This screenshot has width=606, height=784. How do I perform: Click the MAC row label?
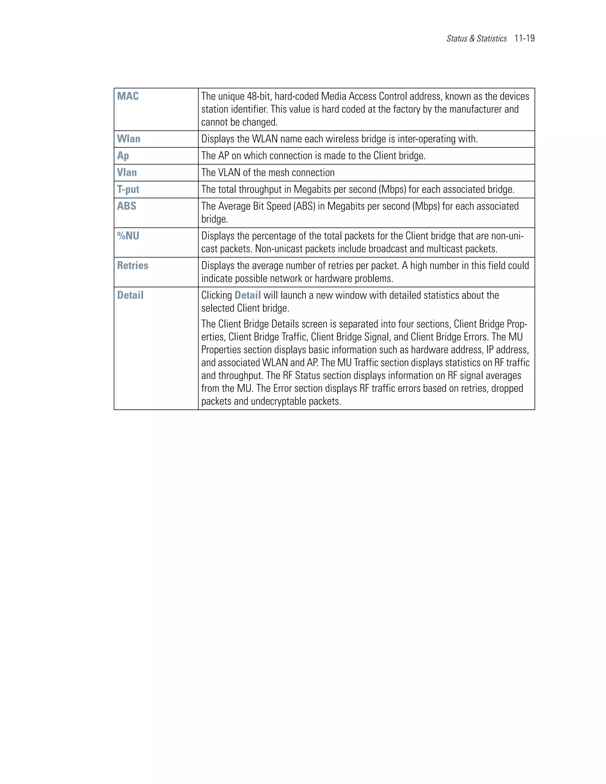pyautogui.click(x=128, y=96)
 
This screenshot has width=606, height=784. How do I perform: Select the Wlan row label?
pyautogui.click(x=128, y=139)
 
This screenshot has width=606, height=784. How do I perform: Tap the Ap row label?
pyautogui.click(x=123, y=156)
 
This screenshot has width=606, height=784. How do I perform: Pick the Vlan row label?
pyautogui.click(x=127, y=173)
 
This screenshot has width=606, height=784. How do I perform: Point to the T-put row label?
pyautogui.click(x=128, y=190)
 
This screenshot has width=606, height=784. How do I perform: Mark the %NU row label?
pyautogui.click(x=128, y=236)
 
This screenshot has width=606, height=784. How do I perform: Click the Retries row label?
pyautogui.click(x=133, y=266)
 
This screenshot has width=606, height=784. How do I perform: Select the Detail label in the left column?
pyautogui.click(x=130, y=296)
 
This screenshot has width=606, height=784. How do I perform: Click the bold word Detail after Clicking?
pyautogui.click(x=248, y=296)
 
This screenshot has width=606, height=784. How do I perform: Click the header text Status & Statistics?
pyautogui.click(x=476, y=39)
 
